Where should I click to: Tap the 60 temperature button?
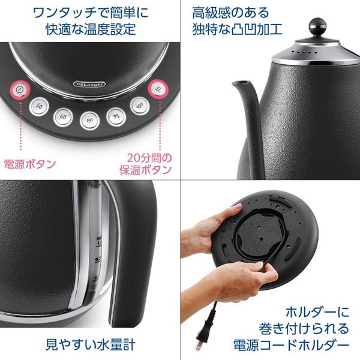[63, 115]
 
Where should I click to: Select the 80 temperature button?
[89, 119]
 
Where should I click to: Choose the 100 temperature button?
[139, 106]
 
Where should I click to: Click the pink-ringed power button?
[20, 89]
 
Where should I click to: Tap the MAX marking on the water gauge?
[97, 239]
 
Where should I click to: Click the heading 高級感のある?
[222, 12]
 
